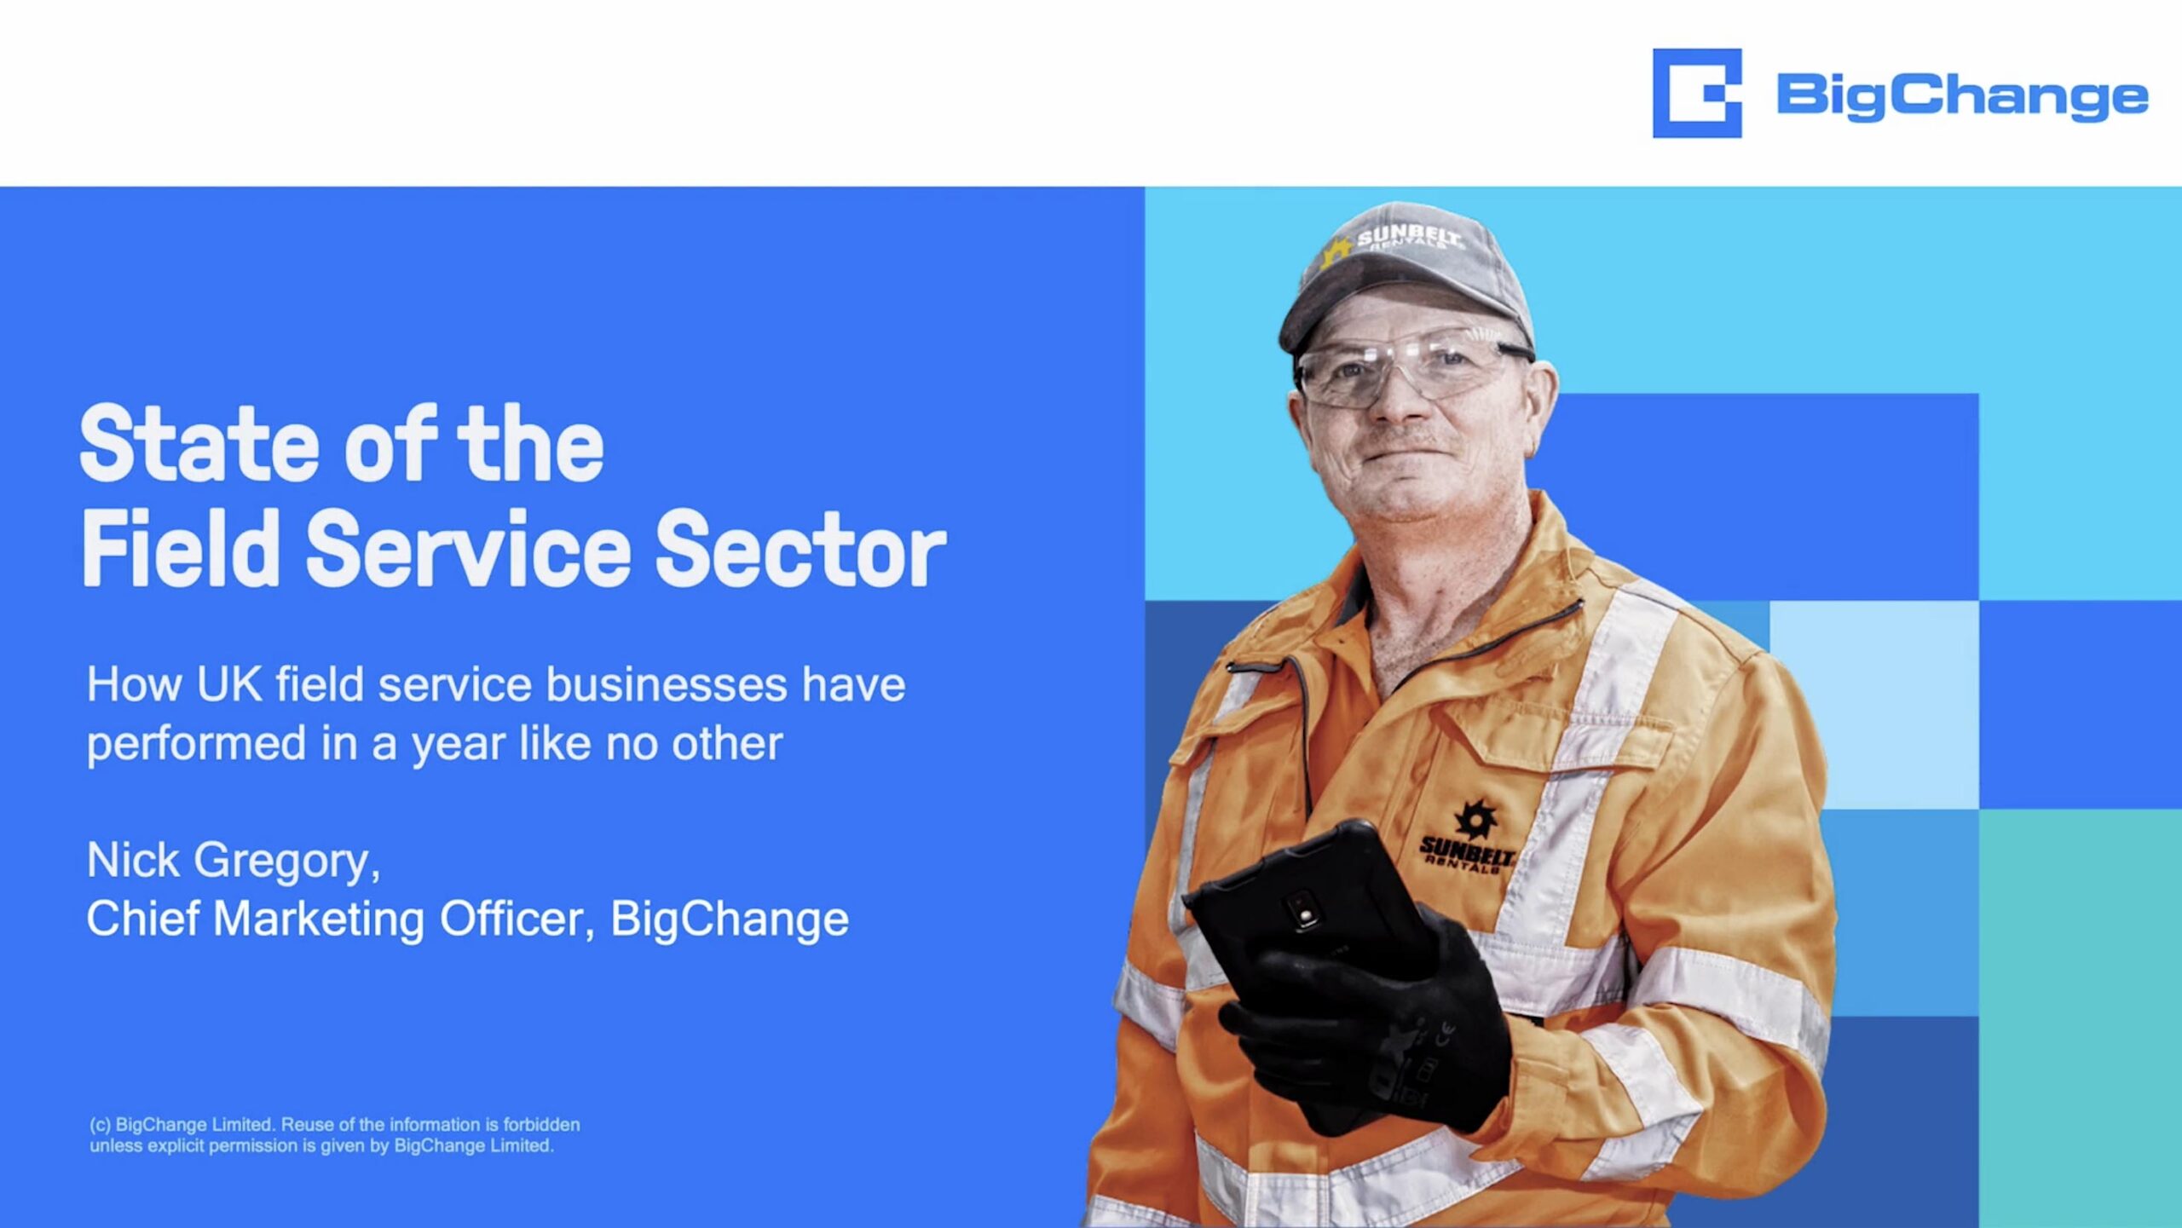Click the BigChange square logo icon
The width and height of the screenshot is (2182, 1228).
tap(1696, 93)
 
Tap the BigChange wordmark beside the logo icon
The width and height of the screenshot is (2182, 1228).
tap(1962, 97)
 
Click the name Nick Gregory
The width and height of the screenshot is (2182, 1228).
tap(233, 862)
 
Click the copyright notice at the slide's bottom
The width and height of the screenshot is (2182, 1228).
tap(334, 1135)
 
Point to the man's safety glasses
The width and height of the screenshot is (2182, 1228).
tap(1411, 367)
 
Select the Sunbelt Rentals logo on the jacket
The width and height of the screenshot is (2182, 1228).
tap(1468, 839)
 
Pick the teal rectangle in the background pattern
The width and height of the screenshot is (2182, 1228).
tap(2080, 1018)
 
